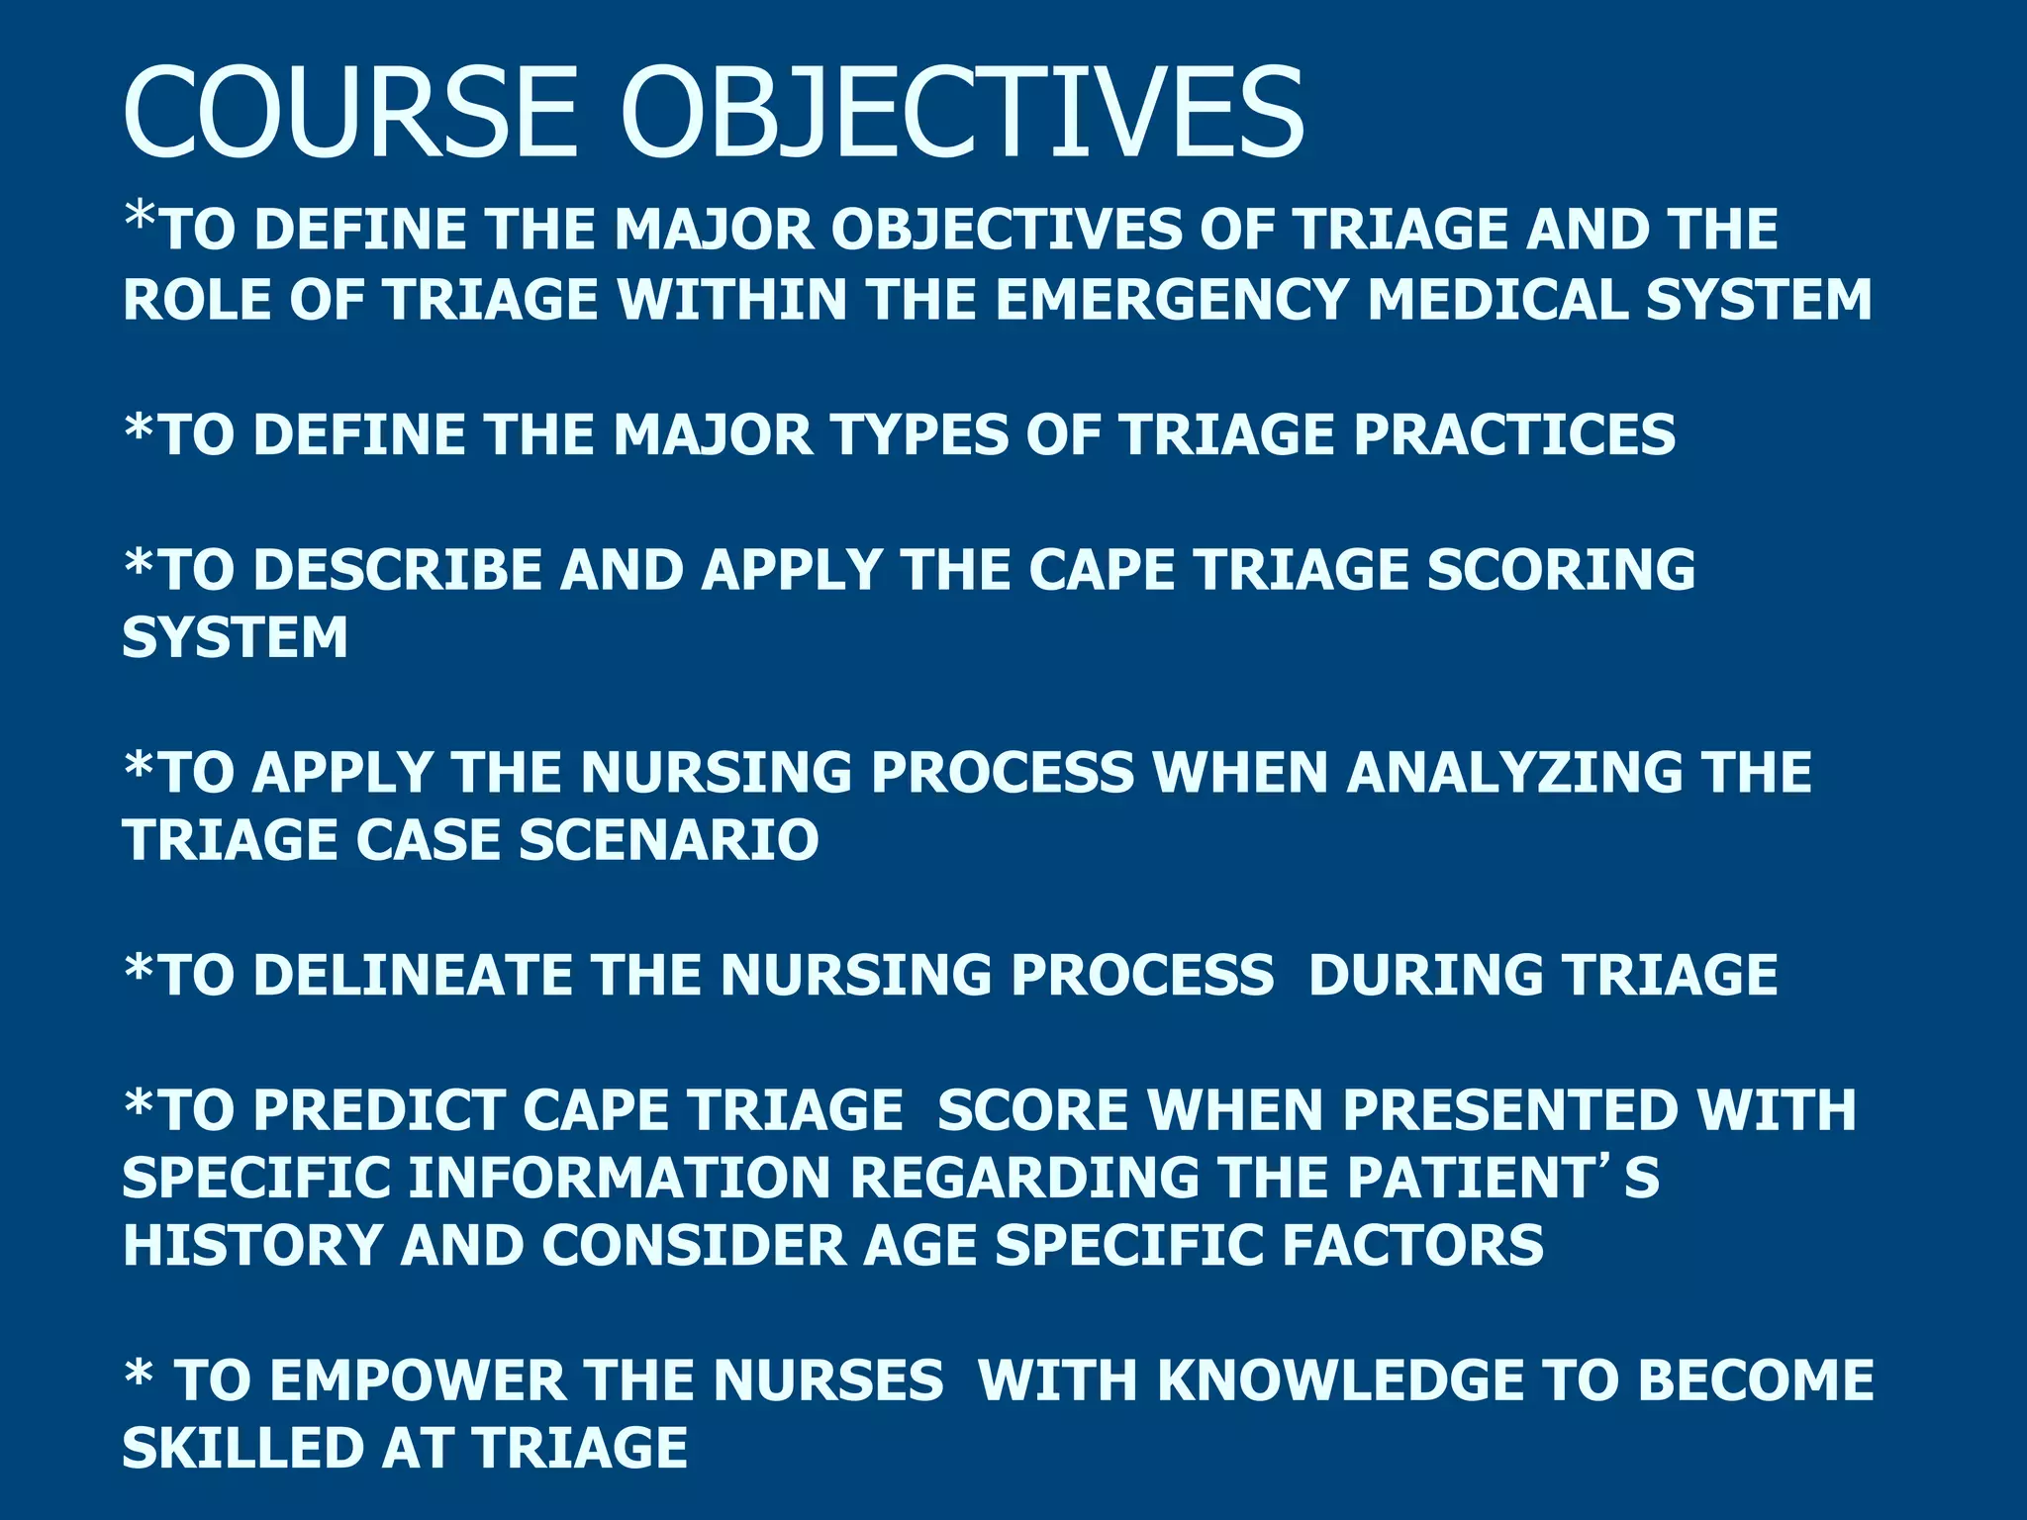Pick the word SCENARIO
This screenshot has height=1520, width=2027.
668,840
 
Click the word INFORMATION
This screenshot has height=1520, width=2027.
620,1178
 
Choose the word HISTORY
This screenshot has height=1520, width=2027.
252,1245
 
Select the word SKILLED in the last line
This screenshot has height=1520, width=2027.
242,1449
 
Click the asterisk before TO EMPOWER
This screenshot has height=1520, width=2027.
139,1371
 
